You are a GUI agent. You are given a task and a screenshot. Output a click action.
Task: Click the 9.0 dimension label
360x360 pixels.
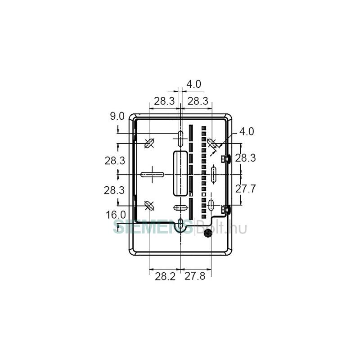117,116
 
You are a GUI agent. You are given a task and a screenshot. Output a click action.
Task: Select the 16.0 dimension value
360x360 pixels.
116,215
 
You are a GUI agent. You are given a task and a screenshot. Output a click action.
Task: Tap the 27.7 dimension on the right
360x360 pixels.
245,189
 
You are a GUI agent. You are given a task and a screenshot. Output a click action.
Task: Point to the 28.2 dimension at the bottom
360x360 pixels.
165,276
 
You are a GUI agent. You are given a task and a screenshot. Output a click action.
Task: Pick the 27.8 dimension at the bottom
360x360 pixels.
195,276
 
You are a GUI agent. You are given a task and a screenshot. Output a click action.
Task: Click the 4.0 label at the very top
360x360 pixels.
194,84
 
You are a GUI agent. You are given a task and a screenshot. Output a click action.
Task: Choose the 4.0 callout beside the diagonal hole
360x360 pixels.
247,131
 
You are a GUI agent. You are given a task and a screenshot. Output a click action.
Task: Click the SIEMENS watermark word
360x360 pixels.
153,226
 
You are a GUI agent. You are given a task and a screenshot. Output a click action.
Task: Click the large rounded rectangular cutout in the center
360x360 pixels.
180,173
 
